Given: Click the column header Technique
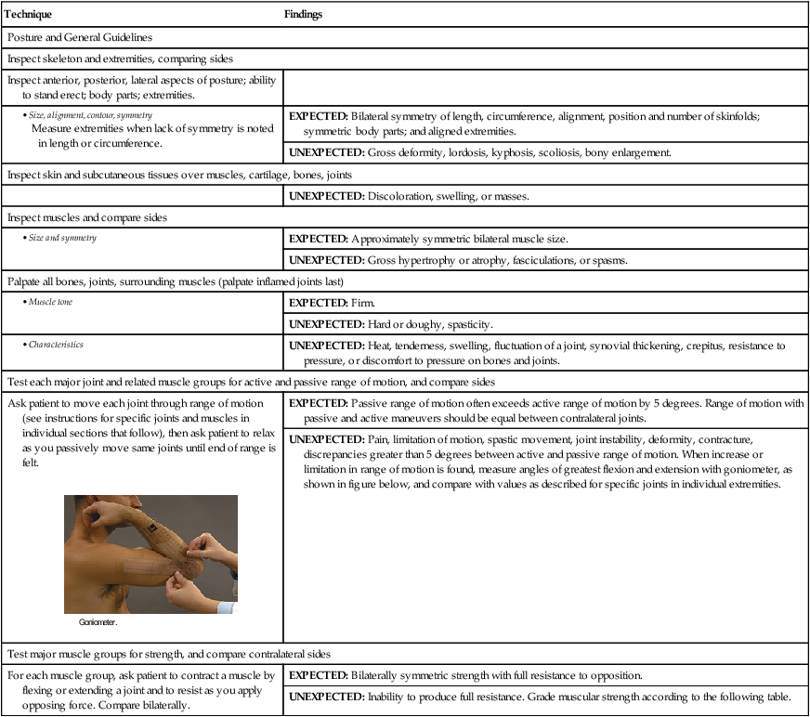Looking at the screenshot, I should [30, 16].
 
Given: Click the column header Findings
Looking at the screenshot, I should [304, 16].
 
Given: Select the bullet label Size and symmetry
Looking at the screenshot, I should [57, 237].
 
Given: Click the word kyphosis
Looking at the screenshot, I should [518, 152].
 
